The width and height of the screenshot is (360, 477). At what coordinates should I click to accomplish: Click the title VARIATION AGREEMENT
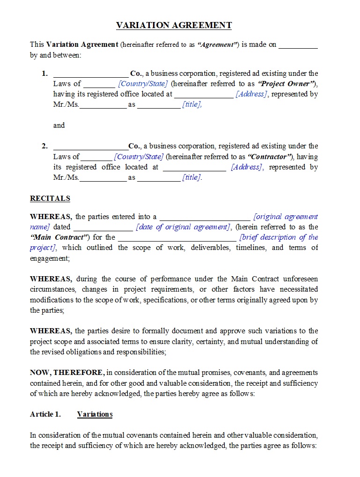174,25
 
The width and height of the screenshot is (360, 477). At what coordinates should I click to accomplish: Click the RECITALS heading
50,198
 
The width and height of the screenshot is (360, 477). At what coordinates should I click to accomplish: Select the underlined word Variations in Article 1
95,414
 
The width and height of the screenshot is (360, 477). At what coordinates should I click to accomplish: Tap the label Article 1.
45,414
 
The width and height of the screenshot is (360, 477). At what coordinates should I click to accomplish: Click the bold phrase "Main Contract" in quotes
59,237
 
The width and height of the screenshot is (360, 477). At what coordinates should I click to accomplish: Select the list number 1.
44,73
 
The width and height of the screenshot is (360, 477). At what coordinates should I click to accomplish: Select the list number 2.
44,146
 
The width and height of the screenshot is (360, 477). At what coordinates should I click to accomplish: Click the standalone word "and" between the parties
59,125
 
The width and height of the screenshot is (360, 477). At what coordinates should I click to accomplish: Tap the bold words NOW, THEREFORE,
67,373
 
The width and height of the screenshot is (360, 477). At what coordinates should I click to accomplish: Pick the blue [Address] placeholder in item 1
251,94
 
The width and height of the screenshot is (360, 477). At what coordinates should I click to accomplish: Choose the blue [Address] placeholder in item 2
247,167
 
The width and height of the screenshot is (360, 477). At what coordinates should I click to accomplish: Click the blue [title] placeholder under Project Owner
192,105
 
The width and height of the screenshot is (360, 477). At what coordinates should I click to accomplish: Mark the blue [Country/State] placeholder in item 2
139,157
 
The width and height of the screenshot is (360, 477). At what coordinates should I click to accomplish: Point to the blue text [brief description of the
279,237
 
